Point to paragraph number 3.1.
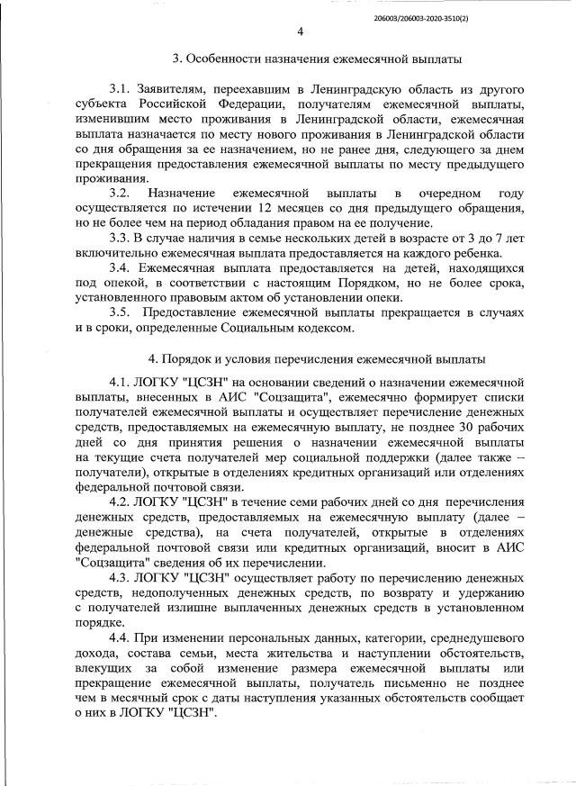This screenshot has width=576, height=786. click(121, 91)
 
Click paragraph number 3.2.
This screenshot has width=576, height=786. click(121, 194)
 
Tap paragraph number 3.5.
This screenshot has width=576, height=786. click(121, 312)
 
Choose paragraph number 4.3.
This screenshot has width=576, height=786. click(121, 577)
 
